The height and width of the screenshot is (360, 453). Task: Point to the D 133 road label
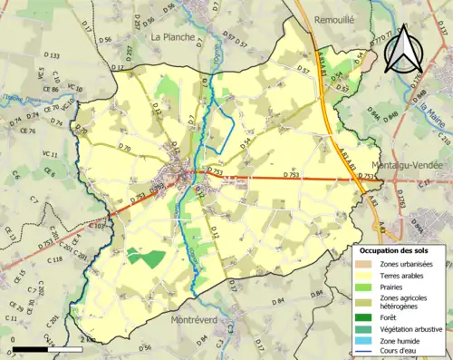click(53, 56)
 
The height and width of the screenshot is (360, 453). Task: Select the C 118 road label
click(54, 259)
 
